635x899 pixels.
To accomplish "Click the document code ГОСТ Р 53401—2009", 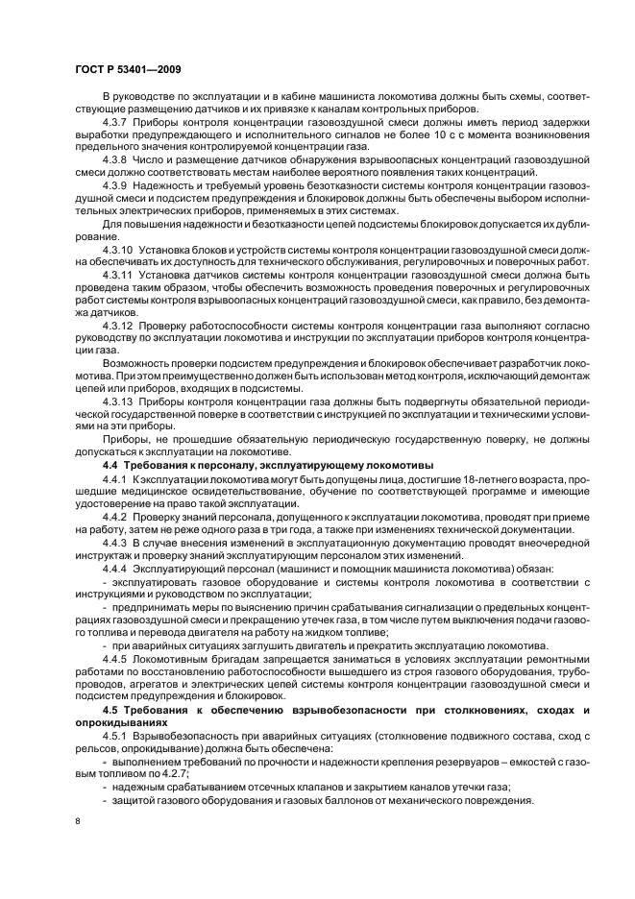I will point(128,69).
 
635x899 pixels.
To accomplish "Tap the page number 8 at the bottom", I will point(78,822).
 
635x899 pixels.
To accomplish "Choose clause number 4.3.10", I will point(118,248).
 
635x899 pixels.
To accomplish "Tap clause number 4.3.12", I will point(118,326).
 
